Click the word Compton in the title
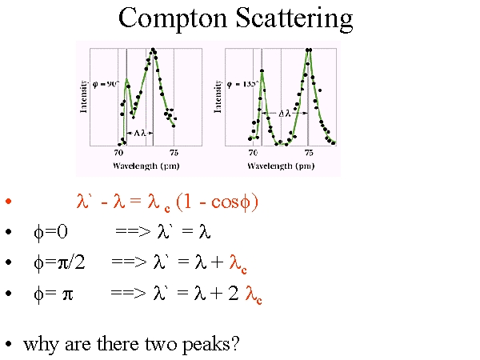(173, 19)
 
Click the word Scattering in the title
(294, 19)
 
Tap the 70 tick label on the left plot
(118, 153)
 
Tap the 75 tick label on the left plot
(174, 153)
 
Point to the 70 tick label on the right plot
(253, 153)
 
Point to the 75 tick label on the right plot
(309, 153)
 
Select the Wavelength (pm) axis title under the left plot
(146, 166)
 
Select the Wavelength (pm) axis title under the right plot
(281, 166)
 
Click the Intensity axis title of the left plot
(83, 97)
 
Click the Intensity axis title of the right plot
(218, 97)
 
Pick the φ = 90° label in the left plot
(106, 84)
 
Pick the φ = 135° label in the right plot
(242, 84)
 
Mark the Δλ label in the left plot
(139, 133)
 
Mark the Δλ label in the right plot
(284, 114)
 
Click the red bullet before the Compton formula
(9, 201)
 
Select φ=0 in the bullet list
(51, 232)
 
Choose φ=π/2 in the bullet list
(59, 262)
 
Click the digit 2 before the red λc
(234, 293)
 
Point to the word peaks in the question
(211, 345)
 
